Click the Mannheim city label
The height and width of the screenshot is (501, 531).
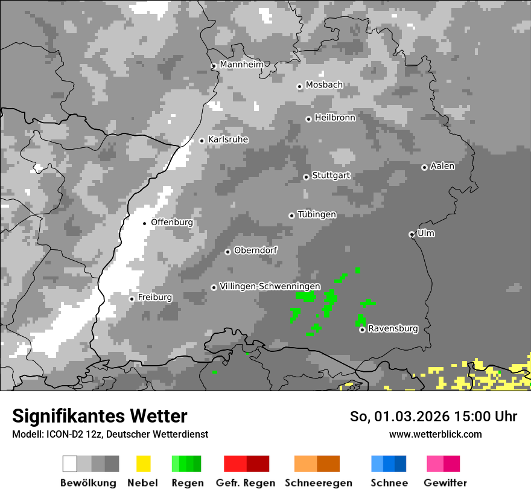242,64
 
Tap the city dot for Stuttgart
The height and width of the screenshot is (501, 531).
306,177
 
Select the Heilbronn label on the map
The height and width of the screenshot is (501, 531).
335,118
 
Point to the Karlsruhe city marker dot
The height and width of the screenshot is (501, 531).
202,141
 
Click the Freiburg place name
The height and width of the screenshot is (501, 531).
155,298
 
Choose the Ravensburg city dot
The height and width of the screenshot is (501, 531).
362,330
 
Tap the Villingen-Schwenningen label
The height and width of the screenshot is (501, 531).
270,286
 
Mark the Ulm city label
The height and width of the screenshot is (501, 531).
426,233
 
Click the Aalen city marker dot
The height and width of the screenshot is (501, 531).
424,167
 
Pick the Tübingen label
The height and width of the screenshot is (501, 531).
317,214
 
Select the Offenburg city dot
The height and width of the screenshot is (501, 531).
145,223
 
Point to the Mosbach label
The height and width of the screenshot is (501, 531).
324,85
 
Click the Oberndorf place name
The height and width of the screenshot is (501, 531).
256,250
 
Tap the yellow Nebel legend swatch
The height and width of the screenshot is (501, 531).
143,464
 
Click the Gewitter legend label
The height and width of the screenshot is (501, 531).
445,483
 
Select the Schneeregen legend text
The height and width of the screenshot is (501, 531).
319,483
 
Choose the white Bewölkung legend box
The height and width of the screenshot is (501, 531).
70,464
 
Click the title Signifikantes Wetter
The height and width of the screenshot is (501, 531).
100,416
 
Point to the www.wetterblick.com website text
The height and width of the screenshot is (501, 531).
435,434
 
